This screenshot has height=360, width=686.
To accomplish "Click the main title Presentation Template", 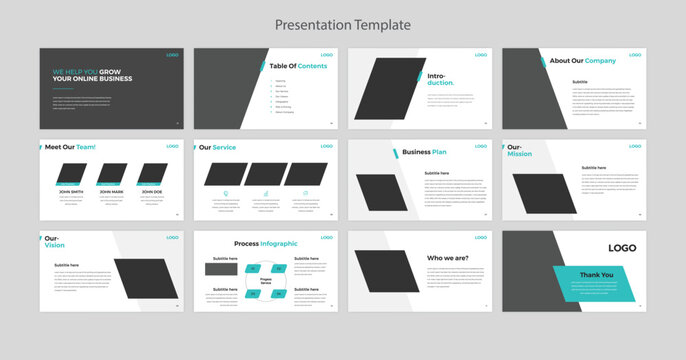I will pos(343,24).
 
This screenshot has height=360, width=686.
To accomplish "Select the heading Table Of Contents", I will pos(298,66).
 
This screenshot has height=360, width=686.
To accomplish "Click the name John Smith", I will pos(70,191).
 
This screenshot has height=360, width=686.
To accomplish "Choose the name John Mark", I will pos(111,191).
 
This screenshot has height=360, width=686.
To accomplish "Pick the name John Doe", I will pos(152,191).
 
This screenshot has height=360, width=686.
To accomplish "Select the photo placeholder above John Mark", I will pos(113,172).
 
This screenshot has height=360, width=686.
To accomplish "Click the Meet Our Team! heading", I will pos(70,147).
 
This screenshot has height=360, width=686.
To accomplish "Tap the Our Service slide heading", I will pos(218,147).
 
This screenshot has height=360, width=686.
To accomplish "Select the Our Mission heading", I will pos(520,151).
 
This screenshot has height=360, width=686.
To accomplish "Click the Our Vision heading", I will pos(55,242).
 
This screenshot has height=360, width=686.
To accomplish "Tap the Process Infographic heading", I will pos(266,243).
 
